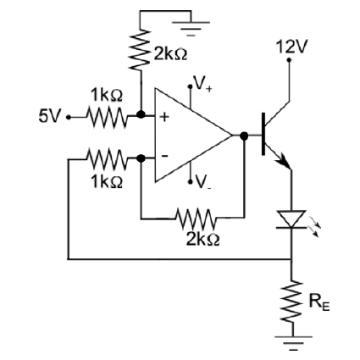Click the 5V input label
(x=50, y=116)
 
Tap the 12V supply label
(x=291, y=47)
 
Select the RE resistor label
(x=319, y=302)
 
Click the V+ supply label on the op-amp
(x=202, y=84)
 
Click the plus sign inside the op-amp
(x=164, y=116)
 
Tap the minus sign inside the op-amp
(x=164, y=156)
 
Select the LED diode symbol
(x=291, y=219)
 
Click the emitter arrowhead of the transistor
(x=284, y=162)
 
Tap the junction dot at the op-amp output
(x=244, y=136)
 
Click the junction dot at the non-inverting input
(x=141, y=114)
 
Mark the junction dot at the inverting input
(x=141, y=158)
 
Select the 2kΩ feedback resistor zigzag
(x=197, y=219)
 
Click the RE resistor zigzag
(x=292, y=302)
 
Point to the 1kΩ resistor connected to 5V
(x=107, y=116)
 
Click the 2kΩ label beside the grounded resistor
(x=170, y=54)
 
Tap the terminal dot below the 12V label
(x=289, y=60)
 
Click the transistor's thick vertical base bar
(x=263, y=134)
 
